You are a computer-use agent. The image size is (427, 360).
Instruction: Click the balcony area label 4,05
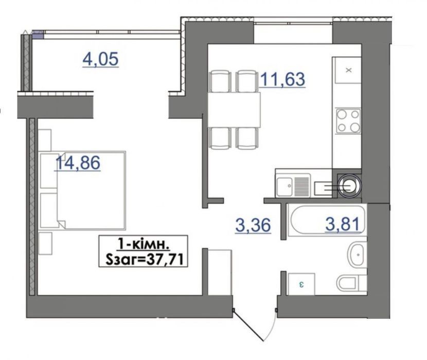[x=100, y=59]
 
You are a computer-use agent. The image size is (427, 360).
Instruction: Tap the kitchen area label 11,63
[x=282, y=79]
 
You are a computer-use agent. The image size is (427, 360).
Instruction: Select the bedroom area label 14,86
[x=78, y=163]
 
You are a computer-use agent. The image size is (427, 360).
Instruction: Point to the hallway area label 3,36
[x=253, y=225]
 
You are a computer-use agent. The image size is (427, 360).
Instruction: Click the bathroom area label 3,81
[x=343, y=224]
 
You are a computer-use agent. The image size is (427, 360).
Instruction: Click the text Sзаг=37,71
[x=144, y=260]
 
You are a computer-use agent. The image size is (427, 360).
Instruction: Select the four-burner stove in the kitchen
[x=348, y=121]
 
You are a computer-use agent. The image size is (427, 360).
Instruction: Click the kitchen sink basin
[x=284, y=186]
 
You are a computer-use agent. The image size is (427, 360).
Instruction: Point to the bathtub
[x=328, y=220]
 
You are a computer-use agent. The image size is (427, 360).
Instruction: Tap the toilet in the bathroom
[x=352, y=283]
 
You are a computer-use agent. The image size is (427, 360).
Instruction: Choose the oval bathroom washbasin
[x=357, y=255]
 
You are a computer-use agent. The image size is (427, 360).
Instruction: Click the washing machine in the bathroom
[x=301, y=284]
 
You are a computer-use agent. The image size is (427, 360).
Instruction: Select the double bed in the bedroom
[x=83, y=190]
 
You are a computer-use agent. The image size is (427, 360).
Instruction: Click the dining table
[x=234, y=110]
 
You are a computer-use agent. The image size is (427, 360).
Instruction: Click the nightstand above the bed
[x=45, y=140]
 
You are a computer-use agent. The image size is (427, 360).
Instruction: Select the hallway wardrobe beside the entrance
[x=220, y=273]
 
